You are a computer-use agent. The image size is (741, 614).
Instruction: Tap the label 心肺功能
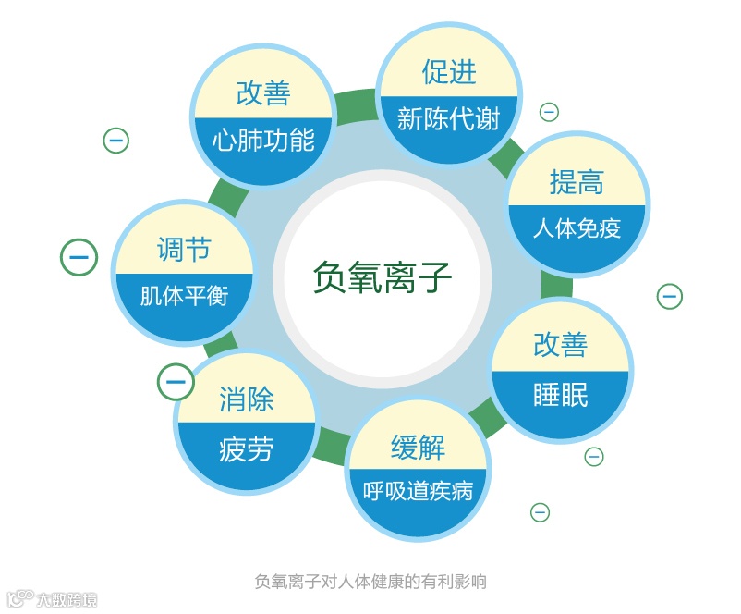[x=263, y=140]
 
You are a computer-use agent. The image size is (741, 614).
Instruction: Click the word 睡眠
[x=560, y=395]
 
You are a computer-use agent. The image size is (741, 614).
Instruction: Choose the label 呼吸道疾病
[x=419, y=489]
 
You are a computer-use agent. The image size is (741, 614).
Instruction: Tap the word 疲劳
[x=247, y=449]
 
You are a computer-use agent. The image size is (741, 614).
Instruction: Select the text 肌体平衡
[x=184, y=297]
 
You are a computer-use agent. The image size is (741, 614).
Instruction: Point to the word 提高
[x=577, y=182]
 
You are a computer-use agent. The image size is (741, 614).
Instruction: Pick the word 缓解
[x=418, y=447]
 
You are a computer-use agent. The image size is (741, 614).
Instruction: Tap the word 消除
[x=247, y=399]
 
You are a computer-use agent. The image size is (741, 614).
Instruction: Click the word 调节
[x=184, y=250]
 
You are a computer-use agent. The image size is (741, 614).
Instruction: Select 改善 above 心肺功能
[x=263, y=93]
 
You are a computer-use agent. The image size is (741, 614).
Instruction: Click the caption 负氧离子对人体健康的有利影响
[x=370, y=582]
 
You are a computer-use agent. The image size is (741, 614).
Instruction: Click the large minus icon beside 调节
[x=79, y=257]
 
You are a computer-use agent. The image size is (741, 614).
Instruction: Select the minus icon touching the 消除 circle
[x=176, y=380]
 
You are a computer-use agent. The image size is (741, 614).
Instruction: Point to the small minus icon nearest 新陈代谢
[x=549, y=112]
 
